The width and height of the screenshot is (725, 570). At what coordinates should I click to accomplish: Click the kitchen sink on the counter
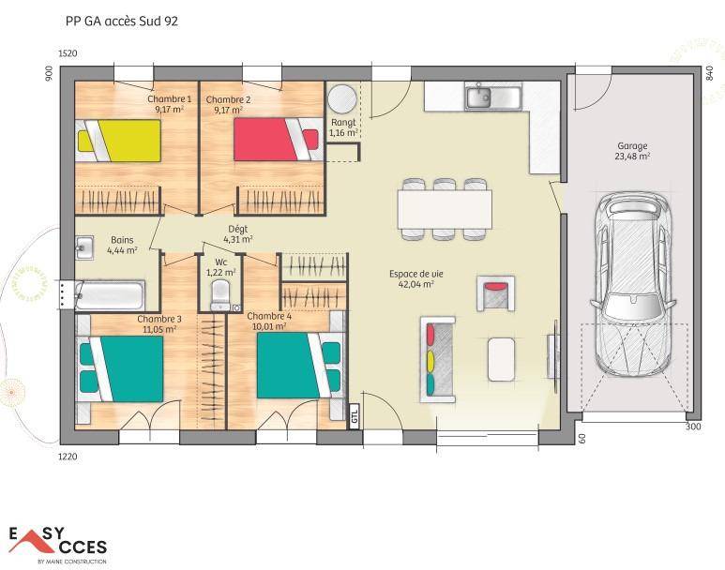493,97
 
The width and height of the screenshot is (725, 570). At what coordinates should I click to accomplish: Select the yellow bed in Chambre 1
118,141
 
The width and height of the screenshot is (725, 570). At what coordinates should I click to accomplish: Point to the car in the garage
632,284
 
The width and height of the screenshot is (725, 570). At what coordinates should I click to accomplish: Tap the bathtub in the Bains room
110,294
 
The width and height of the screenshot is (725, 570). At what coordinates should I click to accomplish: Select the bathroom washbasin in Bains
84,247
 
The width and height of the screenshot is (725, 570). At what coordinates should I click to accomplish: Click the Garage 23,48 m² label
632,151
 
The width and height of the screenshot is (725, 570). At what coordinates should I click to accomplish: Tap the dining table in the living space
445,209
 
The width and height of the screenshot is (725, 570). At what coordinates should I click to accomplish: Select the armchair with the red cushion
495,293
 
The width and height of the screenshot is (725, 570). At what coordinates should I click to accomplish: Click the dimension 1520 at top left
68,53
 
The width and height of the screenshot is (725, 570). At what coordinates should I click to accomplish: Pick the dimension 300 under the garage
692,427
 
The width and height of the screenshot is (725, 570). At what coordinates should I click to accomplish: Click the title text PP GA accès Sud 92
121,22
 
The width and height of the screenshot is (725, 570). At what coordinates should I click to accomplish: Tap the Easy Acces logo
58,545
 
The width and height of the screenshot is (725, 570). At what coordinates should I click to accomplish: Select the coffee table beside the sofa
501,359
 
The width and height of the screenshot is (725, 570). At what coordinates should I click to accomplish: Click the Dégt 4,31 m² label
237,234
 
